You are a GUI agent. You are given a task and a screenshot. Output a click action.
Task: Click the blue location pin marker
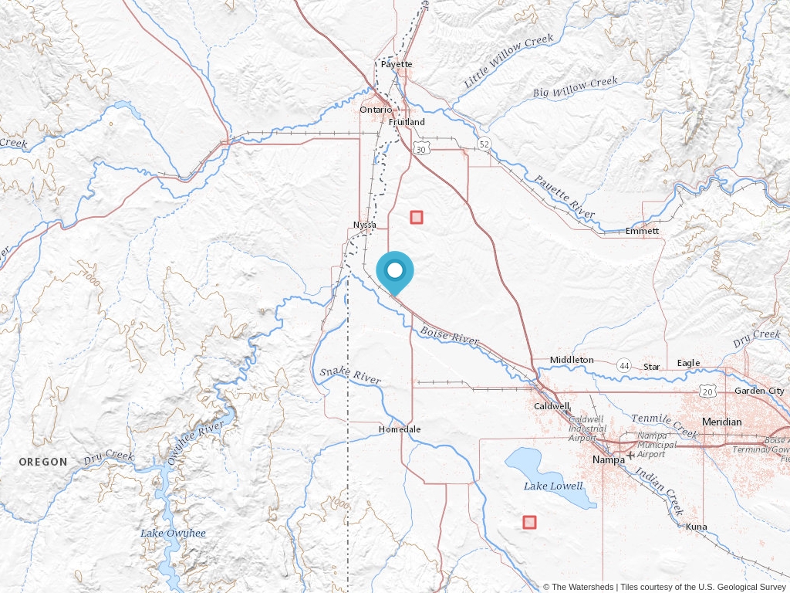tap(395, 272)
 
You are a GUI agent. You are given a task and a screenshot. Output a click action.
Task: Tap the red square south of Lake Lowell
tap(529, 522)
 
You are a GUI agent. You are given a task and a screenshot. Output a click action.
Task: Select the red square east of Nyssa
tap(417, 217)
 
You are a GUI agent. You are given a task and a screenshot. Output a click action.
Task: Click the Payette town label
tap(397, 64)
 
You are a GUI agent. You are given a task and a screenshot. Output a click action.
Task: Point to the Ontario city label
tap(376, 110)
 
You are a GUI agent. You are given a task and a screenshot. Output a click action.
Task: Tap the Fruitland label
tap(407, 122)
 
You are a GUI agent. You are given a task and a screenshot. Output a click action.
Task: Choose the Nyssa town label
tap(364, 225)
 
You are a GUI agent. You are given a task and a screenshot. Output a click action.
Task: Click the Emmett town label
tap(642, 231)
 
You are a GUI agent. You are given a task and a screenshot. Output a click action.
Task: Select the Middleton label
tap(572, 360)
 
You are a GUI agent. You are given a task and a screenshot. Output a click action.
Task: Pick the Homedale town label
tap(400, 429)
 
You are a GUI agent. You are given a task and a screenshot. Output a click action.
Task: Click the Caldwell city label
tap(552, 405)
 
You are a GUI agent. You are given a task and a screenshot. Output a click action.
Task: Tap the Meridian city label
tap(721, 422)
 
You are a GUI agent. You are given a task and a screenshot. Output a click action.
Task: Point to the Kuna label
tap(696, 527)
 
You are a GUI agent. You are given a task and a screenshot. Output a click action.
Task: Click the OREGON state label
tap(43, 462)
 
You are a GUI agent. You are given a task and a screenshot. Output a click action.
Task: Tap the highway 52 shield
tap(484, 144)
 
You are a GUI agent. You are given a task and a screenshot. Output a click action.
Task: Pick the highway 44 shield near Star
tap(623, 364)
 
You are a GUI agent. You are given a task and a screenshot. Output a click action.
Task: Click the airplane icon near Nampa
tap(631, 455)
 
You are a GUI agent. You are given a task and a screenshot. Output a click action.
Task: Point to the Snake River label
tap(350, 377)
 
